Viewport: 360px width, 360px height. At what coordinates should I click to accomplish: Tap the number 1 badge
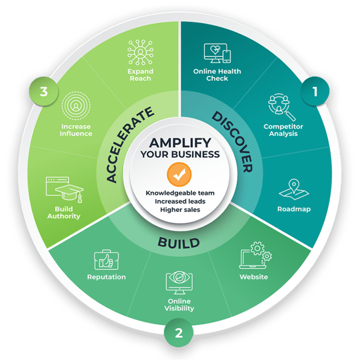315,91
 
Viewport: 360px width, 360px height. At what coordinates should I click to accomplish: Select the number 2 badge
179,333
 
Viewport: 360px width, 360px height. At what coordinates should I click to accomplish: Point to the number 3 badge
44,91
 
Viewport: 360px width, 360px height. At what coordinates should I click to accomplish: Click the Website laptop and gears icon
255,256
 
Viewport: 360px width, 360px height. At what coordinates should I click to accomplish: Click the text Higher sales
180,209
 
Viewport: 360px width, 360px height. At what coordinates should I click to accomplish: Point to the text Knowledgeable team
180,193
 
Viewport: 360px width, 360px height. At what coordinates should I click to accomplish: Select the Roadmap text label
294,209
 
